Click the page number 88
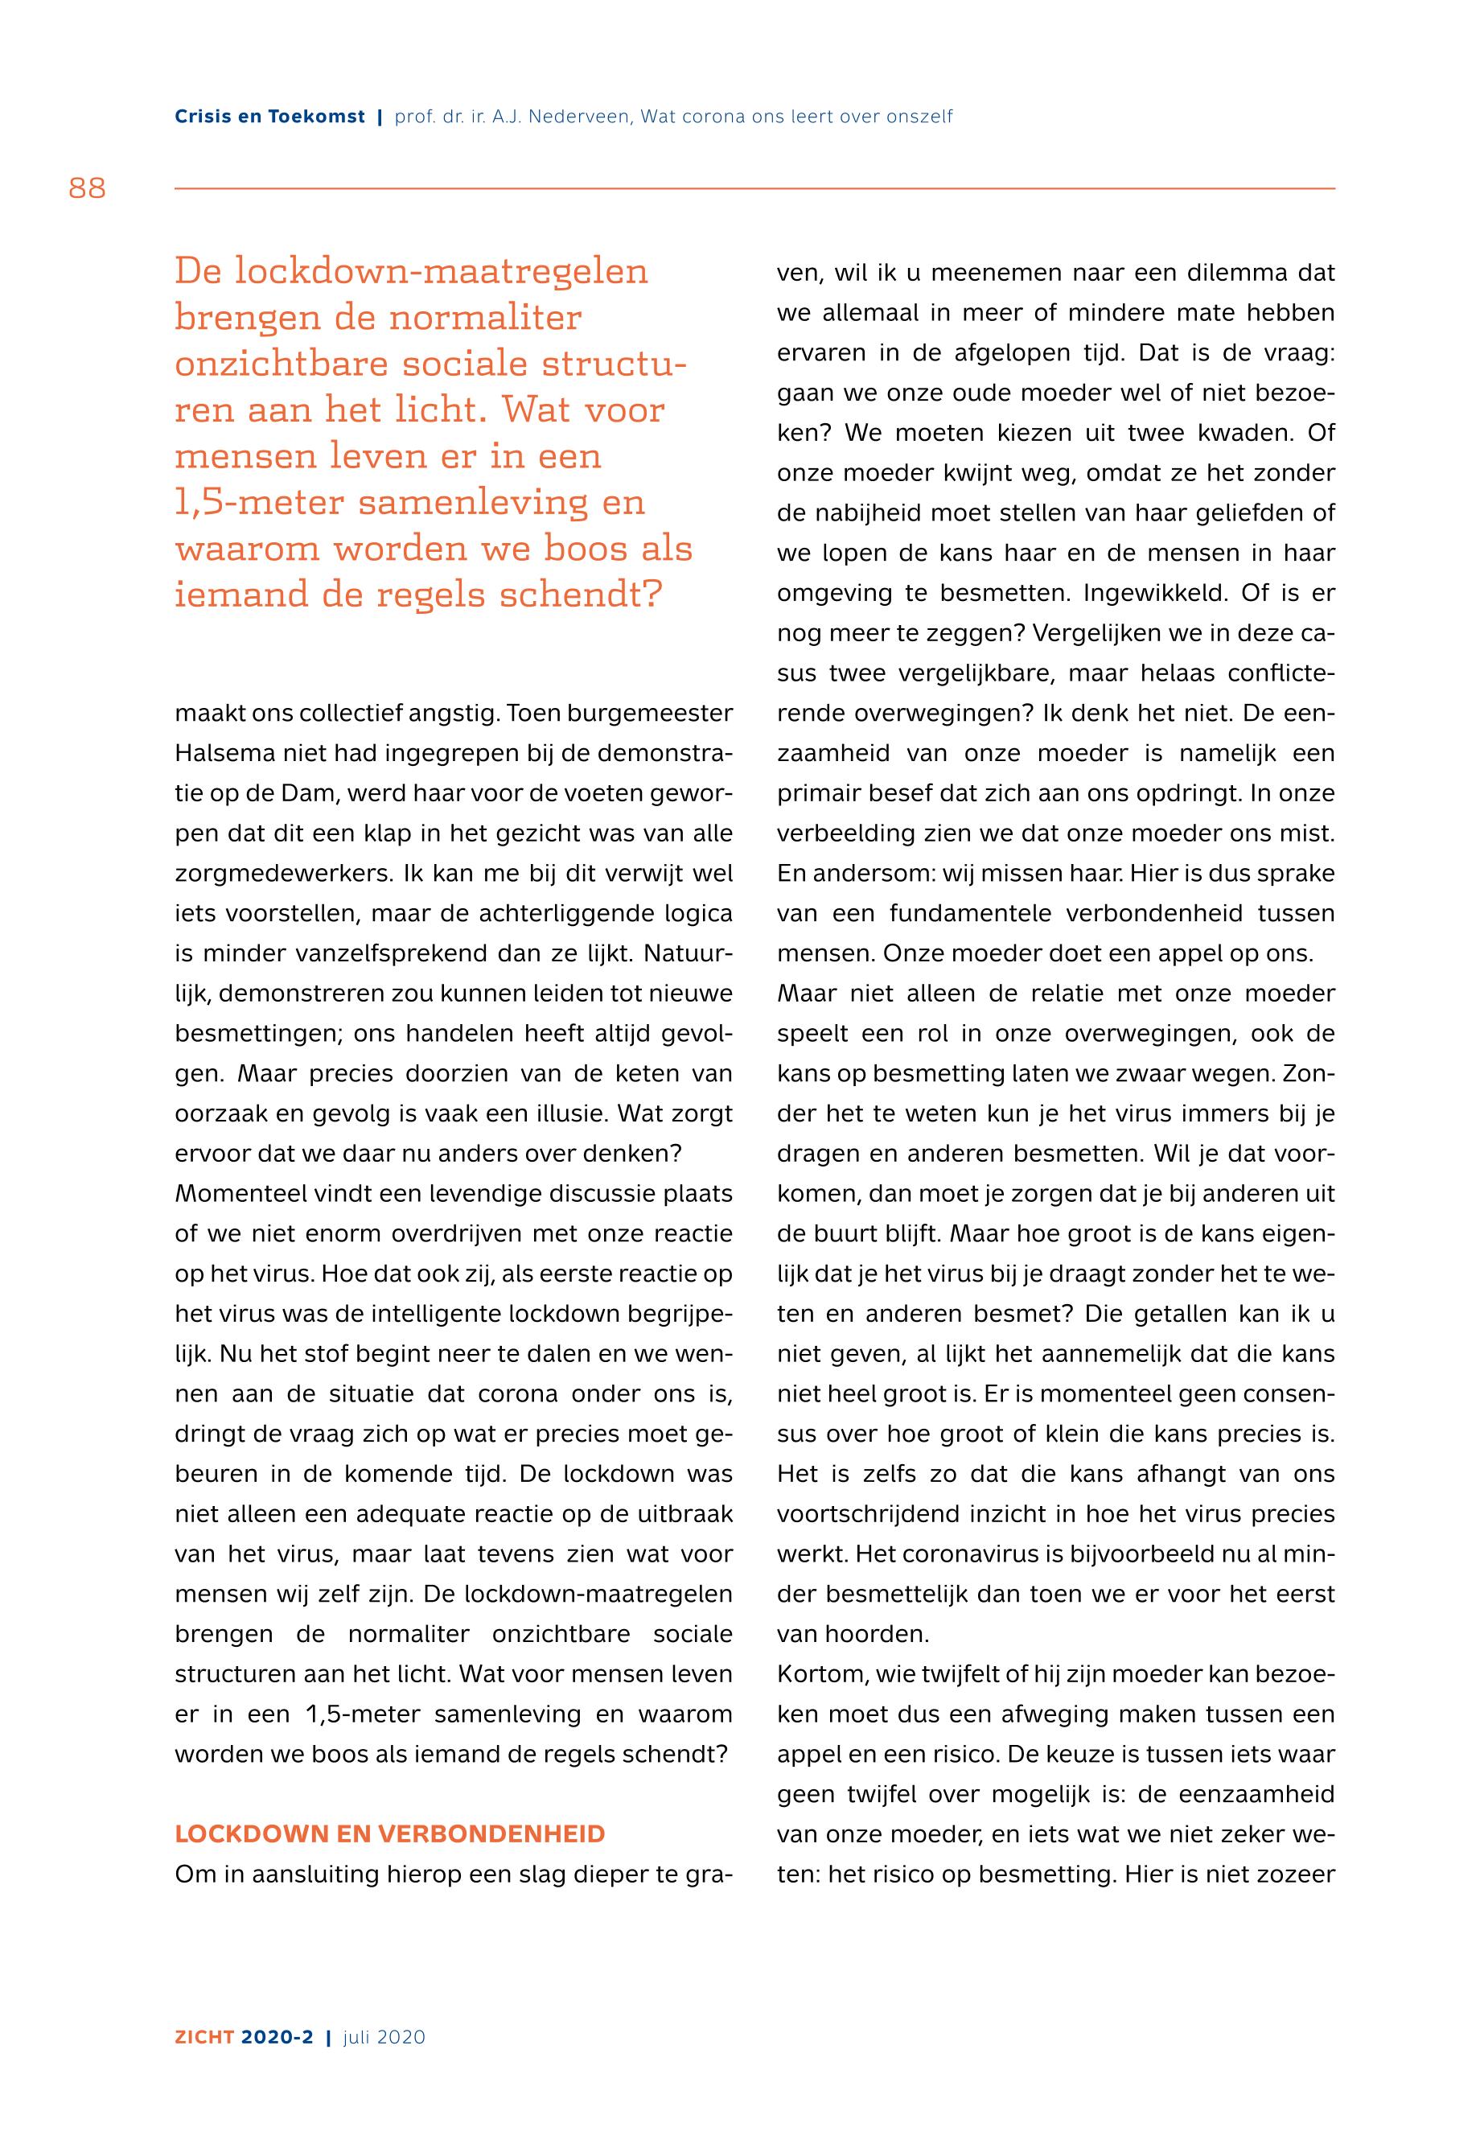pyautogui.click(x=88, y=189)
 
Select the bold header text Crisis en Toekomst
pyautogui.click(x=269, y=117)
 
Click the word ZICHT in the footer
pyautogui.click(x=203, y=2037)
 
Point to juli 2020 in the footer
pyautogui.click(x=384, y=2037)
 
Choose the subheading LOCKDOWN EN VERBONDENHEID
pyautogui.click(x=389, y=1834)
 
